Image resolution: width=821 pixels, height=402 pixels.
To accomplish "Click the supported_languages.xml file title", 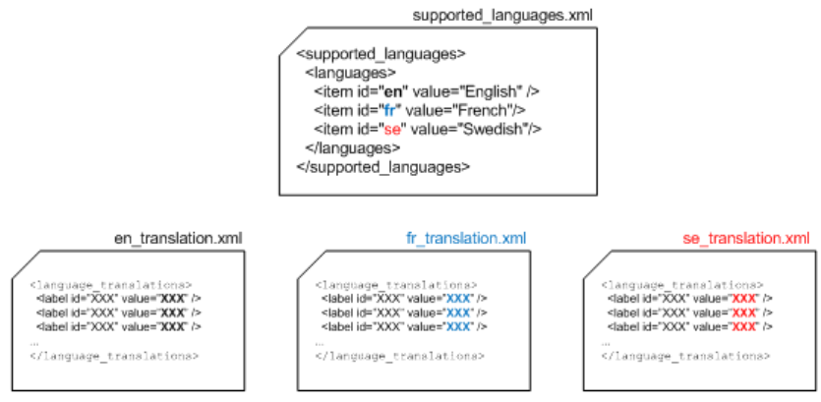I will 503,16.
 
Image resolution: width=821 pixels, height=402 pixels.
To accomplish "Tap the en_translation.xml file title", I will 179,238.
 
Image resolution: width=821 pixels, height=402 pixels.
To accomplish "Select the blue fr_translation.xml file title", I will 465,238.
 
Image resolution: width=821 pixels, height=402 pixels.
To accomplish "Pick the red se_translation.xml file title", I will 746,238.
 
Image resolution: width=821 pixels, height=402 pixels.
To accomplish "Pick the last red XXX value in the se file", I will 743,325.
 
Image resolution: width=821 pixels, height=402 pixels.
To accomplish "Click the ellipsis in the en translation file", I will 34,340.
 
